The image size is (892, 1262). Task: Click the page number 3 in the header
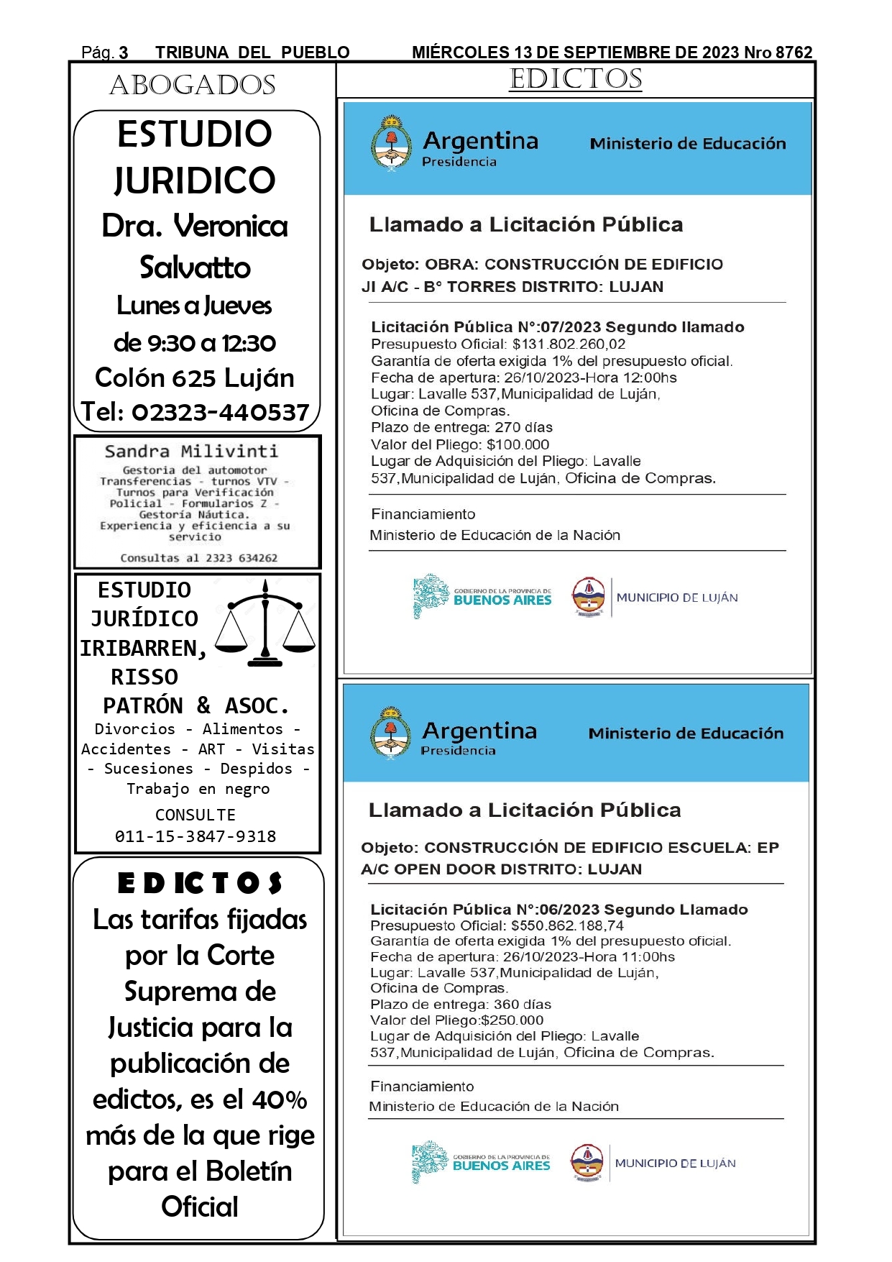coord(124,52)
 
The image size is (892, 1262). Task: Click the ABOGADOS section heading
coord(193,86)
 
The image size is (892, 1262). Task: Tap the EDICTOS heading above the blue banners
coord(576,79)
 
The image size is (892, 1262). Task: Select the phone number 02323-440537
coord(220,412)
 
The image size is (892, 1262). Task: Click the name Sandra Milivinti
coord(191,452)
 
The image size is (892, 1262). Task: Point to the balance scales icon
coord(265,623)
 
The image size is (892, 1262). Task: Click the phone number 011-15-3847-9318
coord(196,836)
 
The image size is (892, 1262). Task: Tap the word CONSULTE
coord(196,815)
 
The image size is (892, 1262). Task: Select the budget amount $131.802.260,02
coord(569,344)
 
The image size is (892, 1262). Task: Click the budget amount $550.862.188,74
coord(567,925)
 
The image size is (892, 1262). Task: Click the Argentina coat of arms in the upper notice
coord(391,142)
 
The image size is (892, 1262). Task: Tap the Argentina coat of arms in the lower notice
coord(390,733)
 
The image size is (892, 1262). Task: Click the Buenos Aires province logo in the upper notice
coord(482,596)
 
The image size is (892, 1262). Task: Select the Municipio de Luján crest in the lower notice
coord(587,1163)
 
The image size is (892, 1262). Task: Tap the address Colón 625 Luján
coord(195,378)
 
